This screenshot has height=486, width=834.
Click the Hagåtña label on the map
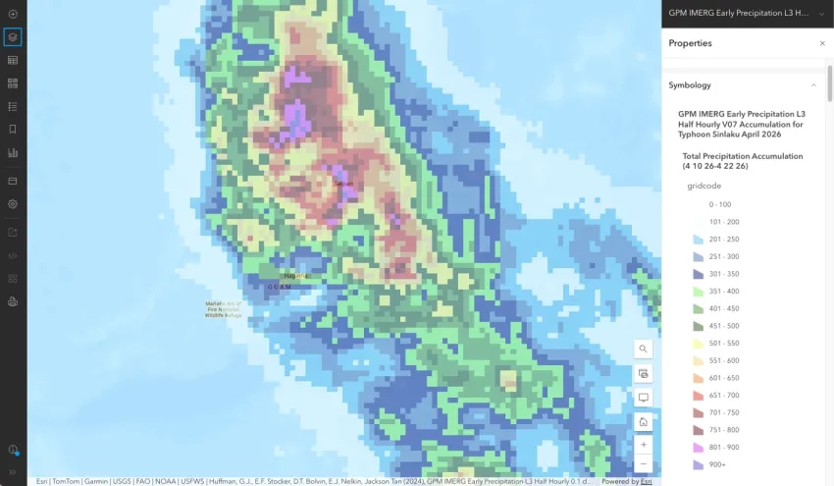point(292,276)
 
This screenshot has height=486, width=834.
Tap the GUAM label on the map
point(279,287)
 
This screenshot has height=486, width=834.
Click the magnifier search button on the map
point(643,349)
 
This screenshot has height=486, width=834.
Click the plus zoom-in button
point(643,445)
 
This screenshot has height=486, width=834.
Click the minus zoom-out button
point(643,462)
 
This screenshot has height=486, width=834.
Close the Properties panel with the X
point(822,43)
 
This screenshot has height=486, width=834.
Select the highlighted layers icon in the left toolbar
point(13,37)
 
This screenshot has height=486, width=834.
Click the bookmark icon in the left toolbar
point(13,130)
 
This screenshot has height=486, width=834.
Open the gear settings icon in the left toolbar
point(13,204)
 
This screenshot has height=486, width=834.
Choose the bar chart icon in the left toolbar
point(13,153)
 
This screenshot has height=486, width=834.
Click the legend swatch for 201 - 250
point(699,240)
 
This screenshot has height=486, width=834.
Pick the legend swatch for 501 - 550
point(699,344)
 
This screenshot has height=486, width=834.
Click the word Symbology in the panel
point(690,85)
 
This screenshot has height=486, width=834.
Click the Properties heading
point(690,43)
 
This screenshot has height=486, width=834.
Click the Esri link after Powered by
point(646,481)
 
